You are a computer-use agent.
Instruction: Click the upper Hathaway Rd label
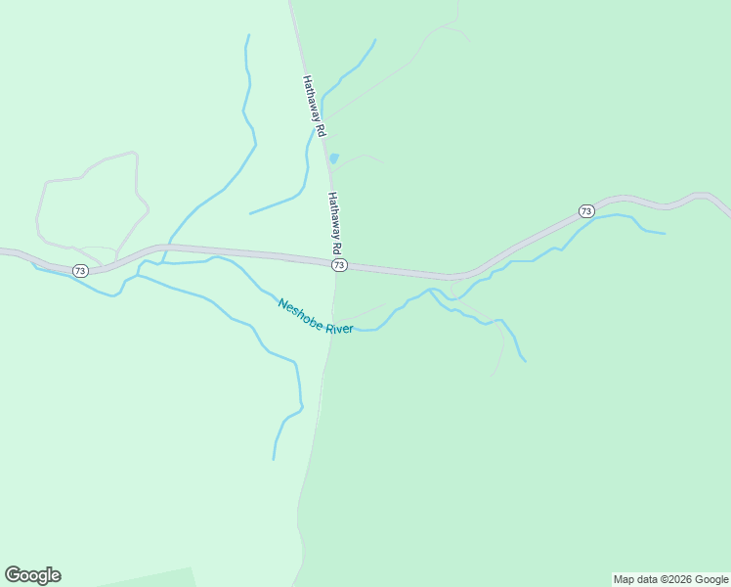pos(314,106)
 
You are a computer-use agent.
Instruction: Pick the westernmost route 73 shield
pos(80,270)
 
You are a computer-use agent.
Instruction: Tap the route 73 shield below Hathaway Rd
pos(338,265)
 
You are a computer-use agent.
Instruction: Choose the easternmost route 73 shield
pos(585,211)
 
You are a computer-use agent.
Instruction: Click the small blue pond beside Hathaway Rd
pos(333,158)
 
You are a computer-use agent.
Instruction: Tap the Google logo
pos(32,574)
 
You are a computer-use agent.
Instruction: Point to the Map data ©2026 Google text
pos(670,579)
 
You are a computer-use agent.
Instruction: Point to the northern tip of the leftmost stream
pos(248,36)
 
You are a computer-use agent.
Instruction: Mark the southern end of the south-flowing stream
pos(274,458)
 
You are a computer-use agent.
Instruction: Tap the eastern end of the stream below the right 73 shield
pos(665,233)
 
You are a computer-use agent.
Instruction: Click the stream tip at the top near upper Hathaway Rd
pos(374,40)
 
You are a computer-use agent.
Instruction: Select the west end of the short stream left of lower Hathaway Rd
pos(250,212)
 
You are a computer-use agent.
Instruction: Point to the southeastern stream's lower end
pos(525,361)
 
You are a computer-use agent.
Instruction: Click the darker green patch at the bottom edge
pos(147,578)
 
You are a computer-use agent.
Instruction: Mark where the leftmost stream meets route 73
pos(171,245)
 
